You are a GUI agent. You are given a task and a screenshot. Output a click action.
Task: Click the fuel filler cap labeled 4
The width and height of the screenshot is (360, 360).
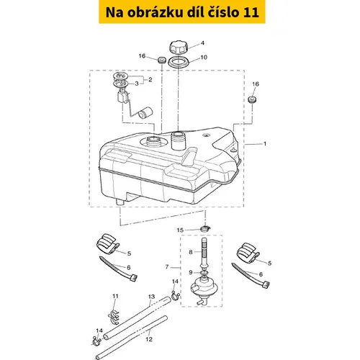[179, 47]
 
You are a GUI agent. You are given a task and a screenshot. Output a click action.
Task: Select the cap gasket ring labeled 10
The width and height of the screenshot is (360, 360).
[179, 63]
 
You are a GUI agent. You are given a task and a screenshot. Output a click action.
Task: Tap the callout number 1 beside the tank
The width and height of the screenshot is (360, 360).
[265, 144]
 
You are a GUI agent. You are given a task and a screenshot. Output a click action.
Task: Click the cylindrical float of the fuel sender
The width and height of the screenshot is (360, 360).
[145, 113]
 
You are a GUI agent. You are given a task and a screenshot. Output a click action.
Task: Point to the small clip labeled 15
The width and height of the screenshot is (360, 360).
[204, 228]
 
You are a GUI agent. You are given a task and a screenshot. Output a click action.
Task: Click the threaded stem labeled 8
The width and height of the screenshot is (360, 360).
[204, 252]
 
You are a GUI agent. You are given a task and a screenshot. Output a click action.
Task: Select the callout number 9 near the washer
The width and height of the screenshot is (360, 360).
[191, 272]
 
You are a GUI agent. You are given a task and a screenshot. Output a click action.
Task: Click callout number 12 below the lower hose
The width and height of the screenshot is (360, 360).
[149, 339]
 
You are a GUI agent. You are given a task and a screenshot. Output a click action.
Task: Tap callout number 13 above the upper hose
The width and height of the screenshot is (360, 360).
[151, 297]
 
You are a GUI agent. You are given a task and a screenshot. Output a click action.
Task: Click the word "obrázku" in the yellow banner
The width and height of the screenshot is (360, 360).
[155, 12]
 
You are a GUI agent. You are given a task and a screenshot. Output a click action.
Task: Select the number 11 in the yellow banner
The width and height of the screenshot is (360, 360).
[251, 12]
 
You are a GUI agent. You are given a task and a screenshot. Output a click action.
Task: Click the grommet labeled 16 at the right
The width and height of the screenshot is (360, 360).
[252, 99]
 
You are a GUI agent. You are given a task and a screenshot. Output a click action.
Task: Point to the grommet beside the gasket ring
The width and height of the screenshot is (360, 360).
[162, 60]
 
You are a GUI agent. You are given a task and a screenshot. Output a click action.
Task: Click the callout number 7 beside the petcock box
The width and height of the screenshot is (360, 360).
[167, 267]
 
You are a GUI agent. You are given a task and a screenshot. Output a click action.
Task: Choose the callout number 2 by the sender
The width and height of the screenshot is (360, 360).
[150, 79]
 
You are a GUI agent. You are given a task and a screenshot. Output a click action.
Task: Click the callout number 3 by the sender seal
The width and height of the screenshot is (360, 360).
[137, 84]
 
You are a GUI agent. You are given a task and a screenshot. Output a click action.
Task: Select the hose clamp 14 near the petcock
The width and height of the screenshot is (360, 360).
[176, 295]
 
